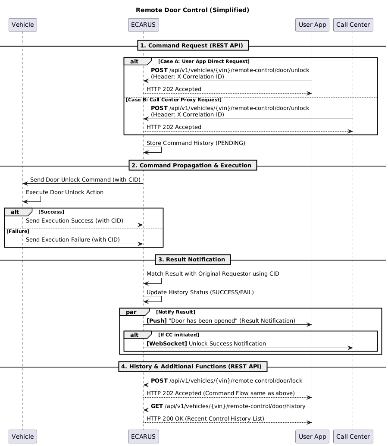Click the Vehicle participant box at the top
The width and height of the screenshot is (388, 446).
[x=23, y=25]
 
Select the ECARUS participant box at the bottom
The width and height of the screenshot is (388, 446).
[x=143, y=437]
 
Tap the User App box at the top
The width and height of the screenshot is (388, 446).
[x=312, y=25]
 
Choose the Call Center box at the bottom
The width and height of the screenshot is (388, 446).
[x=353, y=437]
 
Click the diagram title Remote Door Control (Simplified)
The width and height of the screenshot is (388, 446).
[x=192, y=10]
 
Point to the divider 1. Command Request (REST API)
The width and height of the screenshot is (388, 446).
[x=193, y=46]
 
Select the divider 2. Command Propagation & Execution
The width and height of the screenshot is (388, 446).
[x=193, y=165]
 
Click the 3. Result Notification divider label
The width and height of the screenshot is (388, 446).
[x=193, y=259]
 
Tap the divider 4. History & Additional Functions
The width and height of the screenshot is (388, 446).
[x=193, y=366]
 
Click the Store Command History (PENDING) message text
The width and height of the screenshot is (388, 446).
[x=196, y=143]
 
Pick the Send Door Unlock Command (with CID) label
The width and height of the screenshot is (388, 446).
[x=85, y=180]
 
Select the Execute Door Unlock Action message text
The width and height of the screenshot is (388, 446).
[x=65, y=192]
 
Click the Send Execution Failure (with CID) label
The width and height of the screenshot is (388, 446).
[x=73, y=240]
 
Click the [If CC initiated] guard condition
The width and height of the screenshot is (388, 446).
[x=178, y=335]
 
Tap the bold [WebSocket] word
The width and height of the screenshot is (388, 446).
[x=166, y=344]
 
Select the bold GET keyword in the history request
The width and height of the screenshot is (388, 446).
[x=157, y=406]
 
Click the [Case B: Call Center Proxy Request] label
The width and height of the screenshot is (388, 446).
[x=174, y=100]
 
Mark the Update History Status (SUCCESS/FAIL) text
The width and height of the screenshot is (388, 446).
[x=200, y=292]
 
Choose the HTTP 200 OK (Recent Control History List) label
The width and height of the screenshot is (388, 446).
[x=205, y=419]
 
